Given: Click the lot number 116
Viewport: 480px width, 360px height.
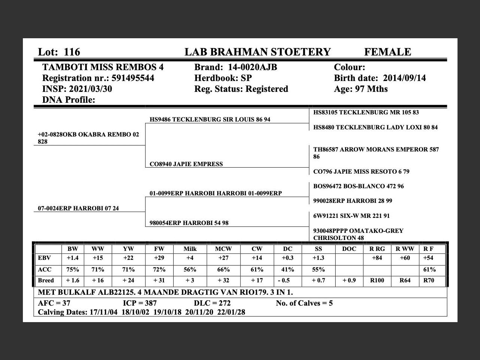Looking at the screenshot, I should (x=72, y=52).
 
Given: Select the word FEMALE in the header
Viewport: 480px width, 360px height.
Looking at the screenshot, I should (x=387, y=52).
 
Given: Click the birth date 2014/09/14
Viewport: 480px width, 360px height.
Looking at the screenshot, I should (x=404, y=78).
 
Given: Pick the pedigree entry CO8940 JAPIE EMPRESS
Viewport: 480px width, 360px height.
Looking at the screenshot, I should (x=186, y=164).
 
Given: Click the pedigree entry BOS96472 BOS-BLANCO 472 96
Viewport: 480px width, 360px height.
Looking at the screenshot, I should (x=358, y=186).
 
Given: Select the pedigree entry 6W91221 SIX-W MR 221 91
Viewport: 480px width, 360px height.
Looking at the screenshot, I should (x=351, y=216).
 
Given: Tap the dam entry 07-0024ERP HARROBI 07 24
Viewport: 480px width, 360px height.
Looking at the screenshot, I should (x=78, y=208).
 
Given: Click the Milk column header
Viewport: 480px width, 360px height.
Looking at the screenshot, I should (x=190, y=249).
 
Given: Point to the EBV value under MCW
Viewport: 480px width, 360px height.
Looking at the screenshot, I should (x=223, y=258).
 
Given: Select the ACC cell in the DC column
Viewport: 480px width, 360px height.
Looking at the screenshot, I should (x=288, y=269).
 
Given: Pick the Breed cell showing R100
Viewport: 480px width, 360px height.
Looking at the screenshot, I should (x=377, y=280).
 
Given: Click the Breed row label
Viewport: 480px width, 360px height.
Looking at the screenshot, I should (x=46, y=280).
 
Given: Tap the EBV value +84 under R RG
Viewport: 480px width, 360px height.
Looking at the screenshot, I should (x=377, y=258).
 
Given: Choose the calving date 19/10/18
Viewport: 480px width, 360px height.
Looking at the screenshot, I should (x=169, y=312).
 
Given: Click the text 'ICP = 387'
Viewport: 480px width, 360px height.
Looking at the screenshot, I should (x=140, y=303).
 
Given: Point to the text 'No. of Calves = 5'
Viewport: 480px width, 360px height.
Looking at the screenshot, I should (x=304, y=303).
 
